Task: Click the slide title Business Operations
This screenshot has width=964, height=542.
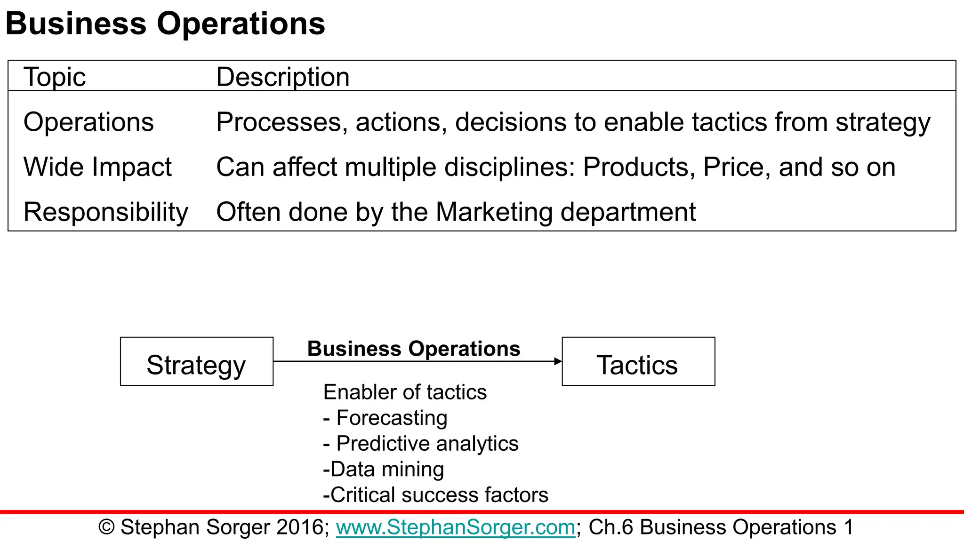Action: coord(165,24)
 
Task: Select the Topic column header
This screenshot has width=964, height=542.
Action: coord(55,77)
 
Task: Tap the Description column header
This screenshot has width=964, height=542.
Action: coord(282,77)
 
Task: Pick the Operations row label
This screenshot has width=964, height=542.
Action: coord(88,122)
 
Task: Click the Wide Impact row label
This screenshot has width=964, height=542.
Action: coord(97,167)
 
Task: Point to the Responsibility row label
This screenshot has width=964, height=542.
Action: coord(105,212)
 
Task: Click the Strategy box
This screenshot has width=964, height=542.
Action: coord(196,362)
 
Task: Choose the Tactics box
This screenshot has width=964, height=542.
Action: coord(638,362)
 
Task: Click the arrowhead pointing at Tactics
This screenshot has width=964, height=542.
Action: coord(558,361)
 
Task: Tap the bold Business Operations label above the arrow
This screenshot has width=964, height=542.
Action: coord(414,349)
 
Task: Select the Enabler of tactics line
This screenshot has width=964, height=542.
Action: coord(405,392)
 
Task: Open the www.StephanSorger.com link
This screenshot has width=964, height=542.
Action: coord(455,527)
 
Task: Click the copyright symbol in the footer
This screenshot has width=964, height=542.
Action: coord(106,527)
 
